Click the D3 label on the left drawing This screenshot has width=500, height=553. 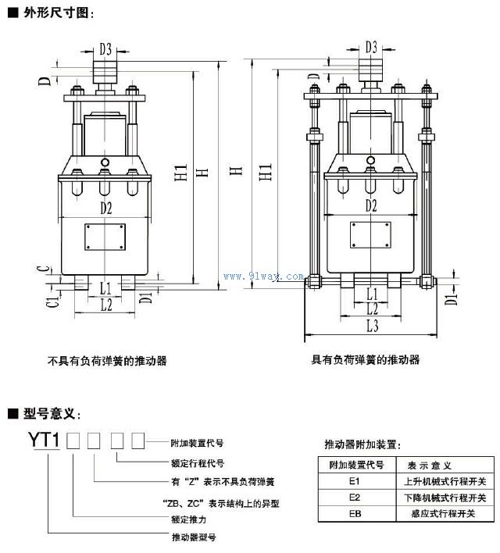coord(105,49)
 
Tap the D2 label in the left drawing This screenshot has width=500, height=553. coord(105,208)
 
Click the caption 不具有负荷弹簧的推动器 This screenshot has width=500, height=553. coord(107,361)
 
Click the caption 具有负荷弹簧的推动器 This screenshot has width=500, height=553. coord(366,360)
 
